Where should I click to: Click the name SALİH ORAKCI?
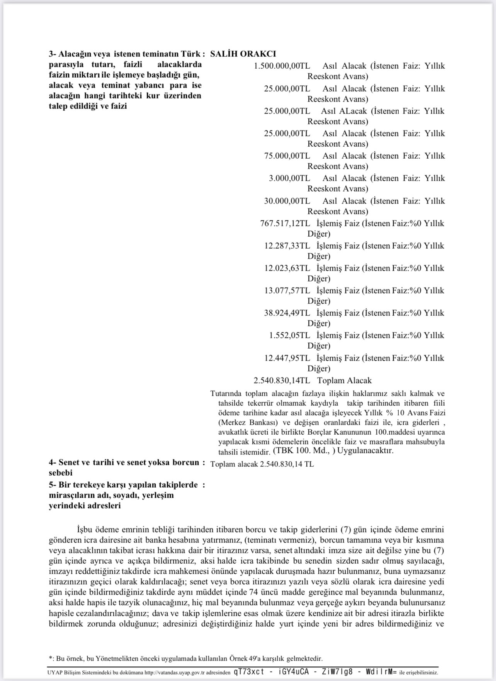243,54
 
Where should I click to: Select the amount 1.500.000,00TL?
282,66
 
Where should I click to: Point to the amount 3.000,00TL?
289,178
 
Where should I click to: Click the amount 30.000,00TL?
287,201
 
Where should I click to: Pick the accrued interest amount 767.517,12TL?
285,224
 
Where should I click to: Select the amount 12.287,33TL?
287,246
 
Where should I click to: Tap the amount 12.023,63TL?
287,268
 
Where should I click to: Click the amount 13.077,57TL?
287,291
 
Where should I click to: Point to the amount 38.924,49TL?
287,313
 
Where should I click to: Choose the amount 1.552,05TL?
289,335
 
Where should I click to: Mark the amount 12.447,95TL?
287,358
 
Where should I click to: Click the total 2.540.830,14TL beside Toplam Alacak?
282,381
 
